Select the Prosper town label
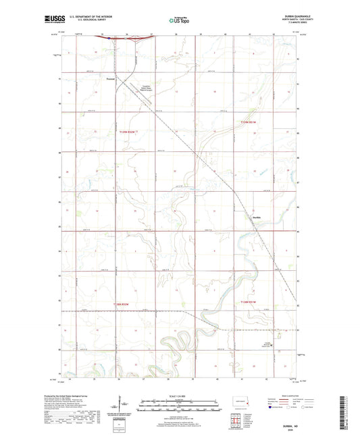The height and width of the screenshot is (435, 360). tap(111, 80)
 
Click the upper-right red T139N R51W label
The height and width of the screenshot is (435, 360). tap(249, 122)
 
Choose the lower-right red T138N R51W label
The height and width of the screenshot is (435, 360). tap(249, 302)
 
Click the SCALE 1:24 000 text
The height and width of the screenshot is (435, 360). tap(180, 395)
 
